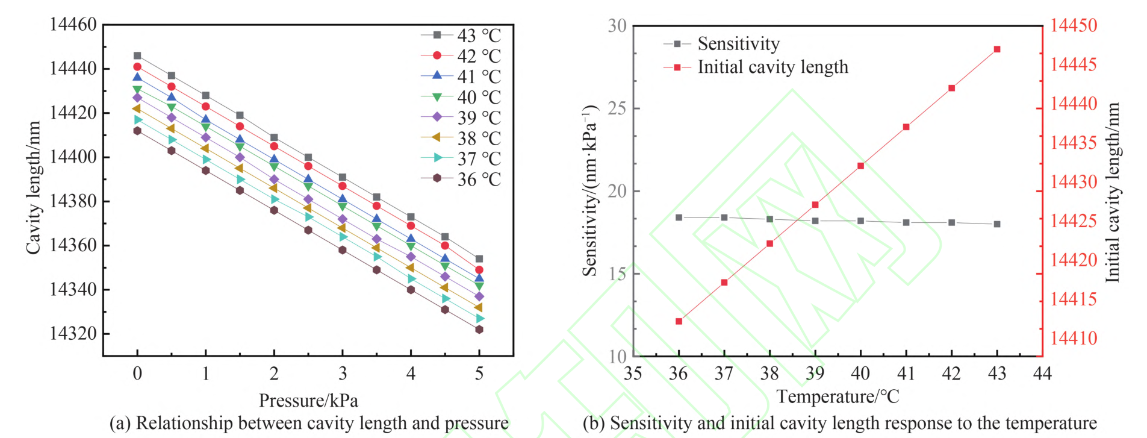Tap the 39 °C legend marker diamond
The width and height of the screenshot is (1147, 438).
[x=437, y=117]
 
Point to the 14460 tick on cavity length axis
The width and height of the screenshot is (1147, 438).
[x=73, y=25]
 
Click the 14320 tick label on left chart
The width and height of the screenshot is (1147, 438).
[x=73, y=334]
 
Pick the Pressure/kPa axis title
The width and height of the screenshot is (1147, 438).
[x=308, y=400]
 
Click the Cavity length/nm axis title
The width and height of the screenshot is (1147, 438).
[x=33, y=188]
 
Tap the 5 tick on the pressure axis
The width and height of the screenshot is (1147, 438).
[x=479, y=374]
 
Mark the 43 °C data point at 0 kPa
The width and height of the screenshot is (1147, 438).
[x=137, y=56]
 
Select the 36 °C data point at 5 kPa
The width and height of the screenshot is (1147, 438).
[x=479, y=330]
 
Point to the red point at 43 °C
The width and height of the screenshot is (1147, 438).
[x=997, y=49]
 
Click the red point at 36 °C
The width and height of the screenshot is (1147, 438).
[x=679, y=321]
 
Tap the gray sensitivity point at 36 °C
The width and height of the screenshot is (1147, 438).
[x=679, y=217]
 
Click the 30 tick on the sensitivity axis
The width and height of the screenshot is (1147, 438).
[x=617, y=26]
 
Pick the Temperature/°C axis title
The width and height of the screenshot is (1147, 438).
[x=838, y=396]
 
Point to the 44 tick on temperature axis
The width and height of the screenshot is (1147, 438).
[x=1042, y=374]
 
